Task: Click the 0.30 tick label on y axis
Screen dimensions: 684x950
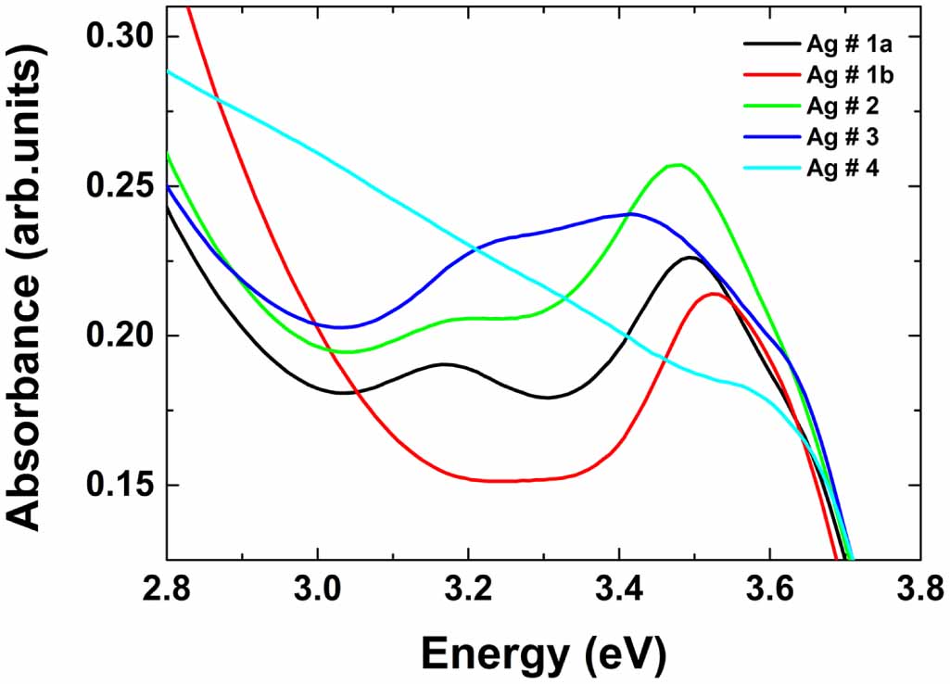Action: pyautogui.click(x=120, y=37)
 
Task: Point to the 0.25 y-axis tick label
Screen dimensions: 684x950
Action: pyautogui.click(x=120, y=186)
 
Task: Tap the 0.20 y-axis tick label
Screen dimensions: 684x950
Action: pyautogui.click(x=120, y=336)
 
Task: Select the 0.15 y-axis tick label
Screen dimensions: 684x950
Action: pyautogui.click(x=120, y=485)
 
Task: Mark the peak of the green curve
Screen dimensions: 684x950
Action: pyautogui.click(x=678, y=165)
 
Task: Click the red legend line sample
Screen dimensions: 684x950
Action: pyautogui.click(x=768, y=75)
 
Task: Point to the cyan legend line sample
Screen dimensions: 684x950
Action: pyautogui.click(x=768, y=170)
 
